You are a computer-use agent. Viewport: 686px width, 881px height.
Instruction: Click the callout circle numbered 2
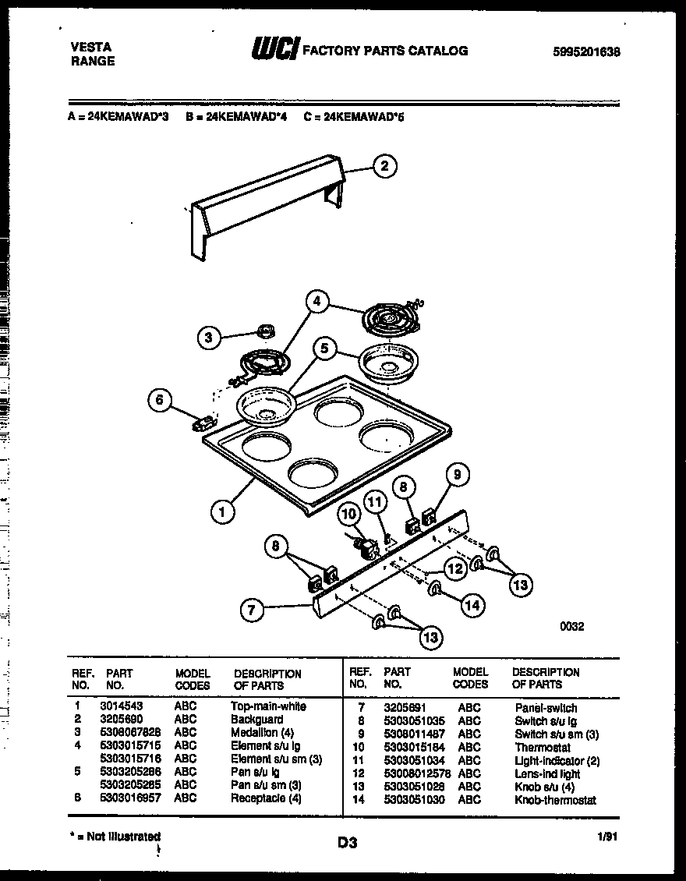coord(383,165)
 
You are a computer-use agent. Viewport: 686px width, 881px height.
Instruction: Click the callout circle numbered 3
coord(208,338)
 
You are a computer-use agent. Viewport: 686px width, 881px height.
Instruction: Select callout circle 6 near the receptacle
coord(159,400)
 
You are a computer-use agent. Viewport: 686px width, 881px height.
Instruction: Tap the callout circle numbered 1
coord(223,512)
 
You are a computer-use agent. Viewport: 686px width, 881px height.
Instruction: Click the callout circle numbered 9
coord(458,473)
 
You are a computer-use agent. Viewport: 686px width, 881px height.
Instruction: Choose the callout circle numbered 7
coord(251,610)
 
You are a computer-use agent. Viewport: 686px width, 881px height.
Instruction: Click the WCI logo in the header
coord(273,50)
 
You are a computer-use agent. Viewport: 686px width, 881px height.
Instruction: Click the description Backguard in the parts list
coord(256,719)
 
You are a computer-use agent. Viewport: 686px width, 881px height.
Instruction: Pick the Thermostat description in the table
coord(542,748)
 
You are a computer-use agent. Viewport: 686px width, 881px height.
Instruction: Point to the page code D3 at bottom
coord(347,842)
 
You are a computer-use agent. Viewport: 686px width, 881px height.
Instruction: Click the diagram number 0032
coord(571,625)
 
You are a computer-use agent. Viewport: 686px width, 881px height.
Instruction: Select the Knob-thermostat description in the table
coord(554,800)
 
